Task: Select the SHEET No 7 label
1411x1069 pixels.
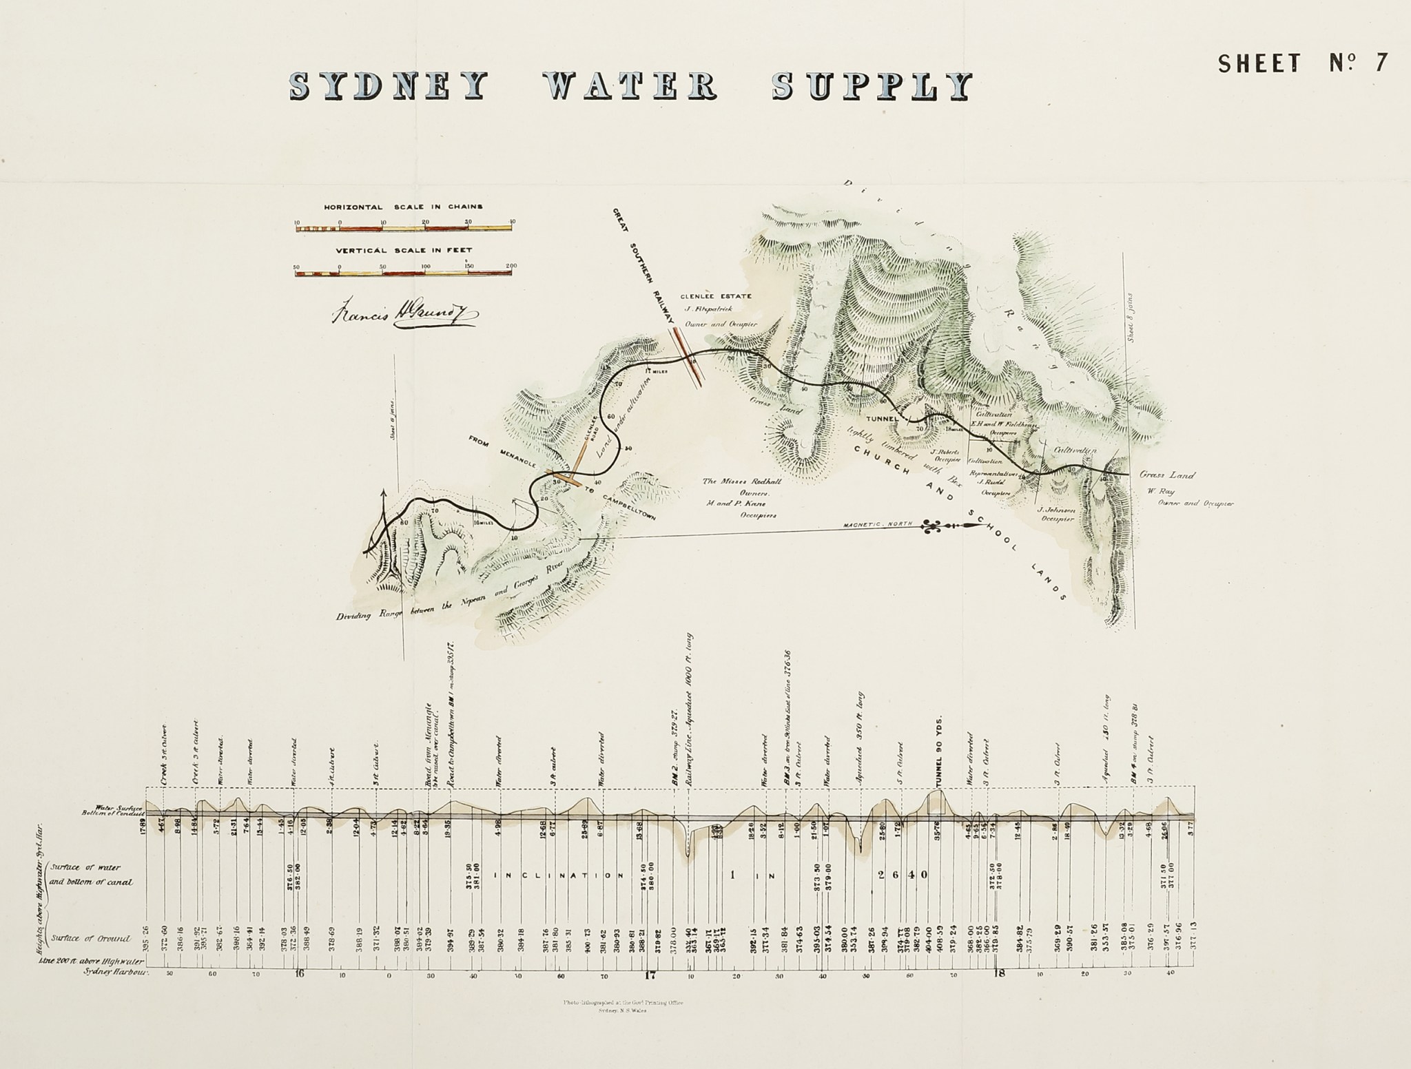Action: [1302, 63]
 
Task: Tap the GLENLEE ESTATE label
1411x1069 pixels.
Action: [715, 297]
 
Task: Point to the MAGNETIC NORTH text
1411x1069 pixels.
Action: [878, 525]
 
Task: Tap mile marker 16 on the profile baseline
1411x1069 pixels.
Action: [299, 974]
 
